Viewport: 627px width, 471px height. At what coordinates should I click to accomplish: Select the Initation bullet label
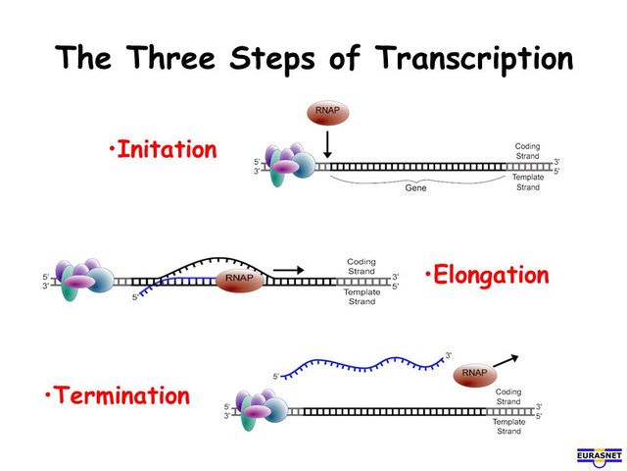tap(164, 150)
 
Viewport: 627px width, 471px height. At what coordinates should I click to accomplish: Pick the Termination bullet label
tap(117, 395)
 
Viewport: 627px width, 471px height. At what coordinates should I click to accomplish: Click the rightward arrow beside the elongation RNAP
tap(287, 267)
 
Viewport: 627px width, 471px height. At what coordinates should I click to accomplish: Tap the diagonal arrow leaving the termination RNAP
tap(506, 360)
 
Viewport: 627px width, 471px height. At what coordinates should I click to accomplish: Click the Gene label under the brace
tap(416, 187)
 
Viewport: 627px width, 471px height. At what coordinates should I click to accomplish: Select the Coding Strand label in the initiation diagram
tap(527, 151)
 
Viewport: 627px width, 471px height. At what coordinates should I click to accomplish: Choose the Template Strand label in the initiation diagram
tap(527, 182)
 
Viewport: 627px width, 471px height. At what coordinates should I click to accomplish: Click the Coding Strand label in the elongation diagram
tap(362, 267)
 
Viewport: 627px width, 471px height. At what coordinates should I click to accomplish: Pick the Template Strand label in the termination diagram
tap(508, 427)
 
